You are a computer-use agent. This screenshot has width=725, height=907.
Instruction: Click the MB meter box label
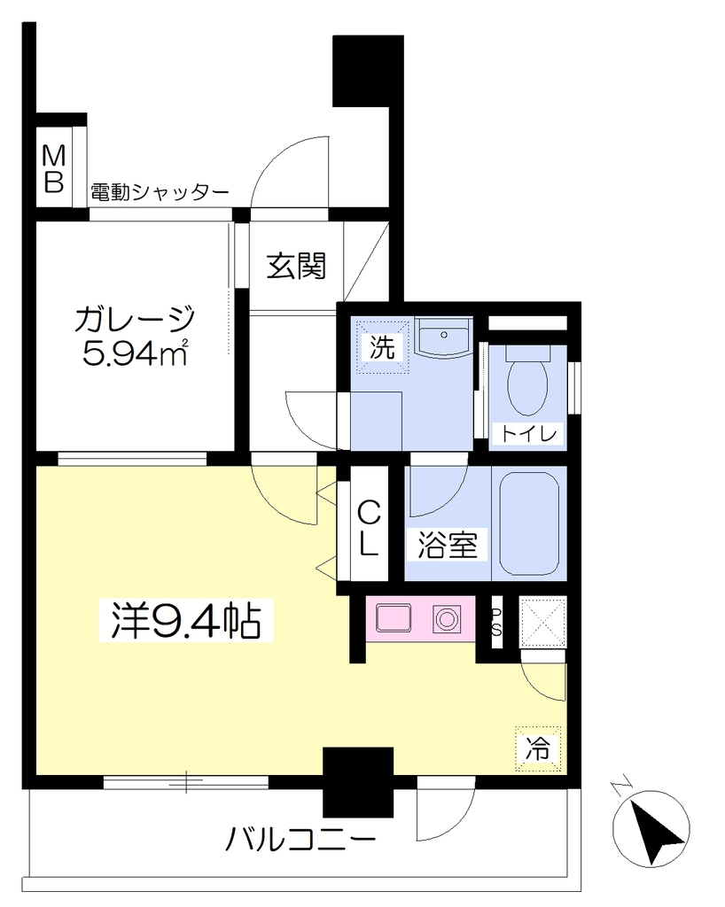[54, 168]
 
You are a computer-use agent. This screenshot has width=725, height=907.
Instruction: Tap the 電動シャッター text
[160, 192]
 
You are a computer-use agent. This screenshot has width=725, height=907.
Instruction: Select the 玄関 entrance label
[296, 266]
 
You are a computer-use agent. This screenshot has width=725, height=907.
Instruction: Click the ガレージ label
[135, 319]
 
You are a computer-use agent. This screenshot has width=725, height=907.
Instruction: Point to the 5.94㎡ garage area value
[136, 353]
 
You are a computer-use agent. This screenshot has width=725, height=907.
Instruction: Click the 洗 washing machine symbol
[382, 347]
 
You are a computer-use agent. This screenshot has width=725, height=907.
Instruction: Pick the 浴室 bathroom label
[448, 545]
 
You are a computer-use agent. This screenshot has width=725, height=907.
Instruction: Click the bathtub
[529, 523]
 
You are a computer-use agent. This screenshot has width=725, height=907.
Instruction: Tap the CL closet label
[369, 528]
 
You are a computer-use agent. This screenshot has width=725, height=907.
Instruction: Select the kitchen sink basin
[394, 618]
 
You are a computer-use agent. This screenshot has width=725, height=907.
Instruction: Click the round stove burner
[446, 619]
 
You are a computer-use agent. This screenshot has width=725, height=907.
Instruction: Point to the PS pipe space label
[496, 623]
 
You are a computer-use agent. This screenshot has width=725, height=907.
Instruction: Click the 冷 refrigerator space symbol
[538, 748]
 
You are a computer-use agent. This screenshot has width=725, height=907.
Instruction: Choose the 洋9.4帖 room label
[185, 621]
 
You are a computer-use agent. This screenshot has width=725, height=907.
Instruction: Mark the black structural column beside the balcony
[358, 781]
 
